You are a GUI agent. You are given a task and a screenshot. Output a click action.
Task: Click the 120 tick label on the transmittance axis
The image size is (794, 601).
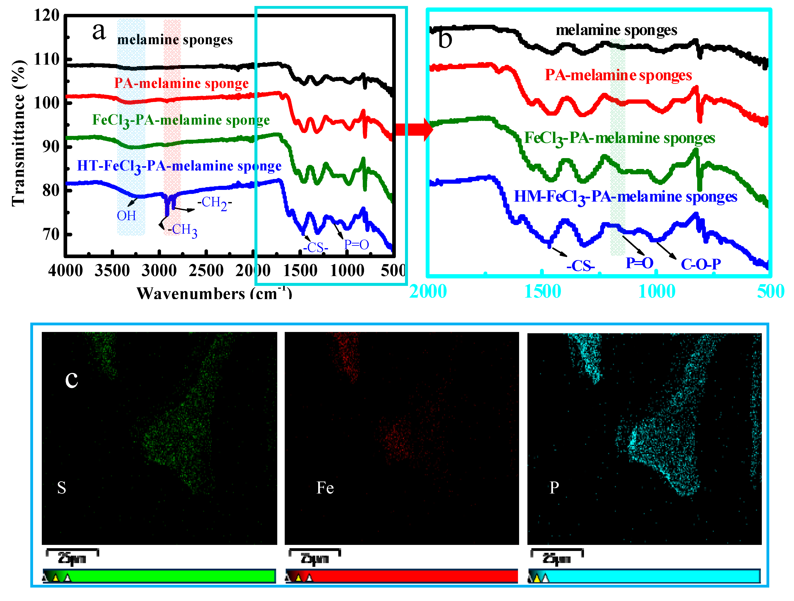47,16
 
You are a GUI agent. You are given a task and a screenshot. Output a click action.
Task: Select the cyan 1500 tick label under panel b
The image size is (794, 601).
542,291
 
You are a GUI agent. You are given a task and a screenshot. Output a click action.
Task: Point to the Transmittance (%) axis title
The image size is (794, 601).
18,133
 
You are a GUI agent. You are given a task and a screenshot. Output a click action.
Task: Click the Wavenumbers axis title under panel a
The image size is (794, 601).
214,293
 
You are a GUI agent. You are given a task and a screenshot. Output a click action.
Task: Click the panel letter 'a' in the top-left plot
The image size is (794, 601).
99,31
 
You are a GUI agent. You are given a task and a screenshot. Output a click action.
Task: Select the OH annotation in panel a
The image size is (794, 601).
126,216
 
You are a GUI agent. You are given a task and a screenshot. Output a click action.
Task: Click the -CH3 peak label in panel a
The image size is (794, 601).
182,229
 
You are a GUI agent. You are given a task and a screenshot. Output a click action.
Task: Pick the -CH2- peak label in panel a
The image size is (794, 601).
215,203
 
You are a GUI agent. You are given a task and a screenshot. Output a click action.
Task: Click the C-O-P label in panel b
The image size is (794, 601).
701,265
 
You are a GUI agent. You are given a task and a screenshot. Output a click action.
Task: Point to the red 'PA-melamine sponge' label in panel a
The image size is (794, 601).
181,83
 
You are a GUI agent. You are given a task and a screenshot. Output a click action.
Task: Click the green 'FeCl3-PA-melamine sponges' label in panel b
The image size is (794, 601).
620,139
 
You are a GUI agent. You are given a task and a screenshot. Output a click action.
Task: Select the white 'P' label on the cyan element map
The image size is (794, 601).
554,487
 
